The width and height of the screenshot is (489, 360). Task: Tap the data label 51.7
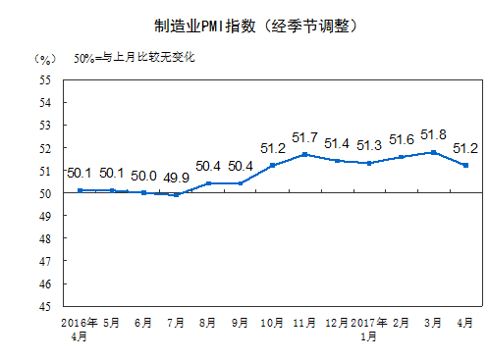[x=305, y=137]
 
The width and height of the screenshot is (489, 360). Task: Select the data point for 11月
[x=305, y=154]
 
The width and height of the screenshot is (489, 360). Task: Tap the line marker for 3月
[x=434, y=152]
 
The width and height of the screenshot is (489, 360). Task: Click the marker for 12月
[x=337, y=161]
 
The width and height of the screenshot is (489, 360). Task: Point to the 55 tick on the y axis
[x=45, y=79]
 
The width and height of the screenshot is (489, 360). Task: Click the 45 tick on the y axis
[x=45, y=307]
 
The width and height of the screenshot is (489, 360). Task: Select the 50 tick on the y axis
[x=45, y=193]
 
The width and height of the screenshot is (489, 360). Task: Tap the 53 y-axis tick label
[x=45, y=125]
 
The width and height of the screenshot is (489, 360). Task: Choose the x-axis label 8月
[x=209, y=322]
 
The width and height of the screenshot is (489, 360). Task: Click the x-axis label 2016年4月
[x=80, y=328]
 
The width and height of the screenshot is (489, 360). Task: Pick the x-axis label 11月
[x=305, y=322]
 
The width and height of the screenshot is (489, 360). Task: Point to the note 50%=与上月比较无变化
[x=135, y=57]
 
